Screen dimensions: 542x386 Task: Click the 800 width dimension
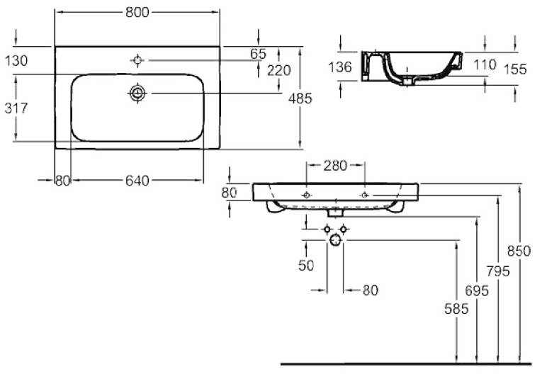point(137,13)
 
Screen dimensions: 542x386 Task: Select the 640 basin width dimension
point(137,181)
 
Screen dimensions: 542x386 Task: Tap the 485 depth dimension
point(300,98)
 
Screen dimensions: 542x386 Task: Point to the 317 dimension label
point(16,108)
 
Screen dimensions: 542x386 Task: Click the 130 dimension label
point(16,61)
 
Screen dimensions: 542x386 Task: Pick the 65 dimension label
point(258,54)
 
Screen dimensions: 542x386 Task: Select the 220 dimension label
point(279,71)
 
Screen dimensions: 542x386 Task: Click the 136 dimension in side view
point(340,67)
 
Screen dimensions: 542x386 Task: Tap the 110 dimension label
point(485,64)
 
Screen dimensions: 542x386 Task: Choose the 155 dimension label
point(515,69)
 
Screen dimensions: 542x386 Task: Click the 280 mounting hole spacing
point(335,166)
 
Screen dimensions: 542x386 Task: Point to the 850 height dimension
point(519,251)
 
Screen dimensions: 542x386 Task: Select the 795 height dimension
point(498,271)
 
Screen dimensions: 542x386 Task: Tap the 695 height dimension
point(477,290)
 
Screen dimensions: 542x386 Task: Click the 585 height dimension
point(456,309)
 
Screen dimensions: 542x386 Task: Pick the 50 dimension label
point(306,266)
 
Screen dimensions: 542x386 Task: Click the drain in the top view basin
point(137,93)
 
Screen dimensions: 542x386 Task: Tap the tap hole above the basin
point(137,60)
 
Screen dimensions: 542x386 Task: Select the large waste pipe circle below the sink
point(335,240)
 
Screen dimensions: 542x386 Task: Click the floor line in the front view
point(406,364)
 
